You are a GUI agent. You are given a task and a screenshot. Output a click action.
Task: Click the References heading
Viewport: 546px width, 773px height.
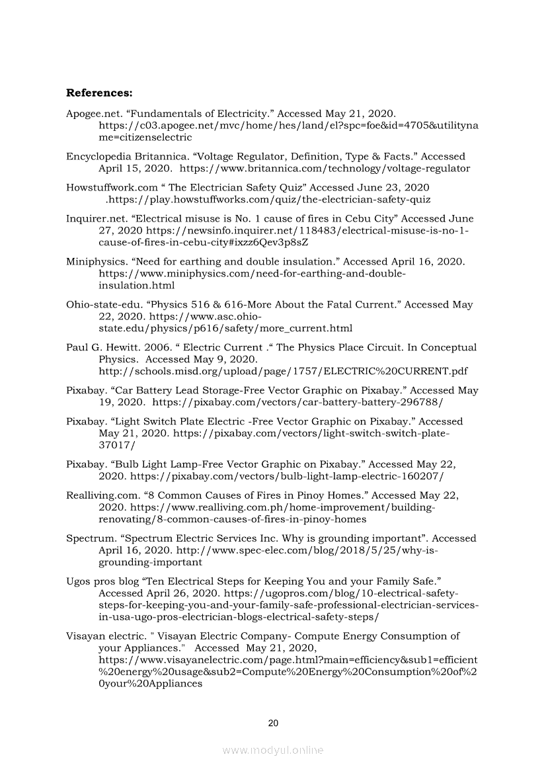point(99,92)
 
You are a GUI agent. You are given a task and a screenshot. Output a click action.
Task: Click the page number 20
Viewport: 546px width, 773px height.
point(273,723)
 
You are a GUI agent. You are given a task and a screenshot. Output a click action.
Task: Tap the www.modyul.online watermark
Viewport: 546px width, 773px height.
point(273,750)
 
